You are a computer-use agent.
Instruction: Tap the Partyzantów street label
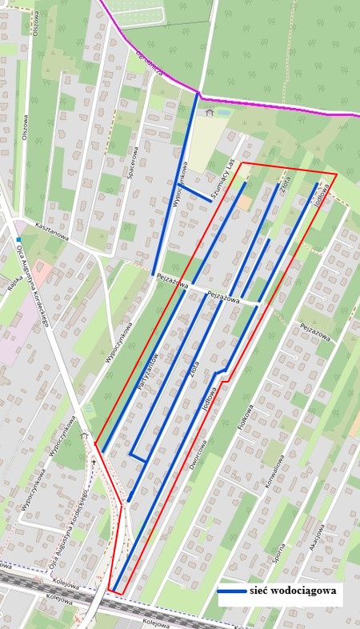coord(146,372)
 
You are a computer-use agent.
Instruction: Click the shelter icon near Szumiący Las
coord(210,112)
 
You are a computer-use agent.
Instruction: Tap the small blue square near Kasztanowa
coord(18,239)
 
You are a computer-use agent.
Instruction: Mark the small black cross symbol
coord(94,462)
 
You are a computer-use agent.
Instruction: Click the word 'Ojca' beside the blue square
coord(19,252)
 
